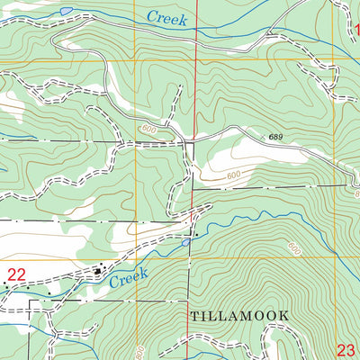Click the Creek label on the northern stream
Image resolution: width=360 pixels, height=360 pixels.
pyautogui.click(x=169, y=18)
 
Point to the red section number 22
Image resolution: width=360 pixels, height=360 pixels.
pyautogui.click(x=16, y=274)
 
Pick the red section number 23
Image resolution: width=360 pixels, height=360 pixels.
pyautogui.click(x=348, y=350)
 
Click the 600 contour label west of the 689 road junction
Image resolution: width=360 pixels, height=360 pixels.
pyautogui.click(x=148, y=131)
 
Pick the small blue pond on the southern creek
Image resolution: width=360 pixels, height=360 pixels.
pyautogui.click(x=185, y=241)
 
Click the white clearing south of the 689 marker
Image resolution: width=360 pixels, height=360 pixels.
pyautogui.click(x=229, y=162)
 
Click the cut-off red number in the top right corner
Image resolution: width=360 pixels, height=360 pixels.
pyautogui.click(x=355, y=30)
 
